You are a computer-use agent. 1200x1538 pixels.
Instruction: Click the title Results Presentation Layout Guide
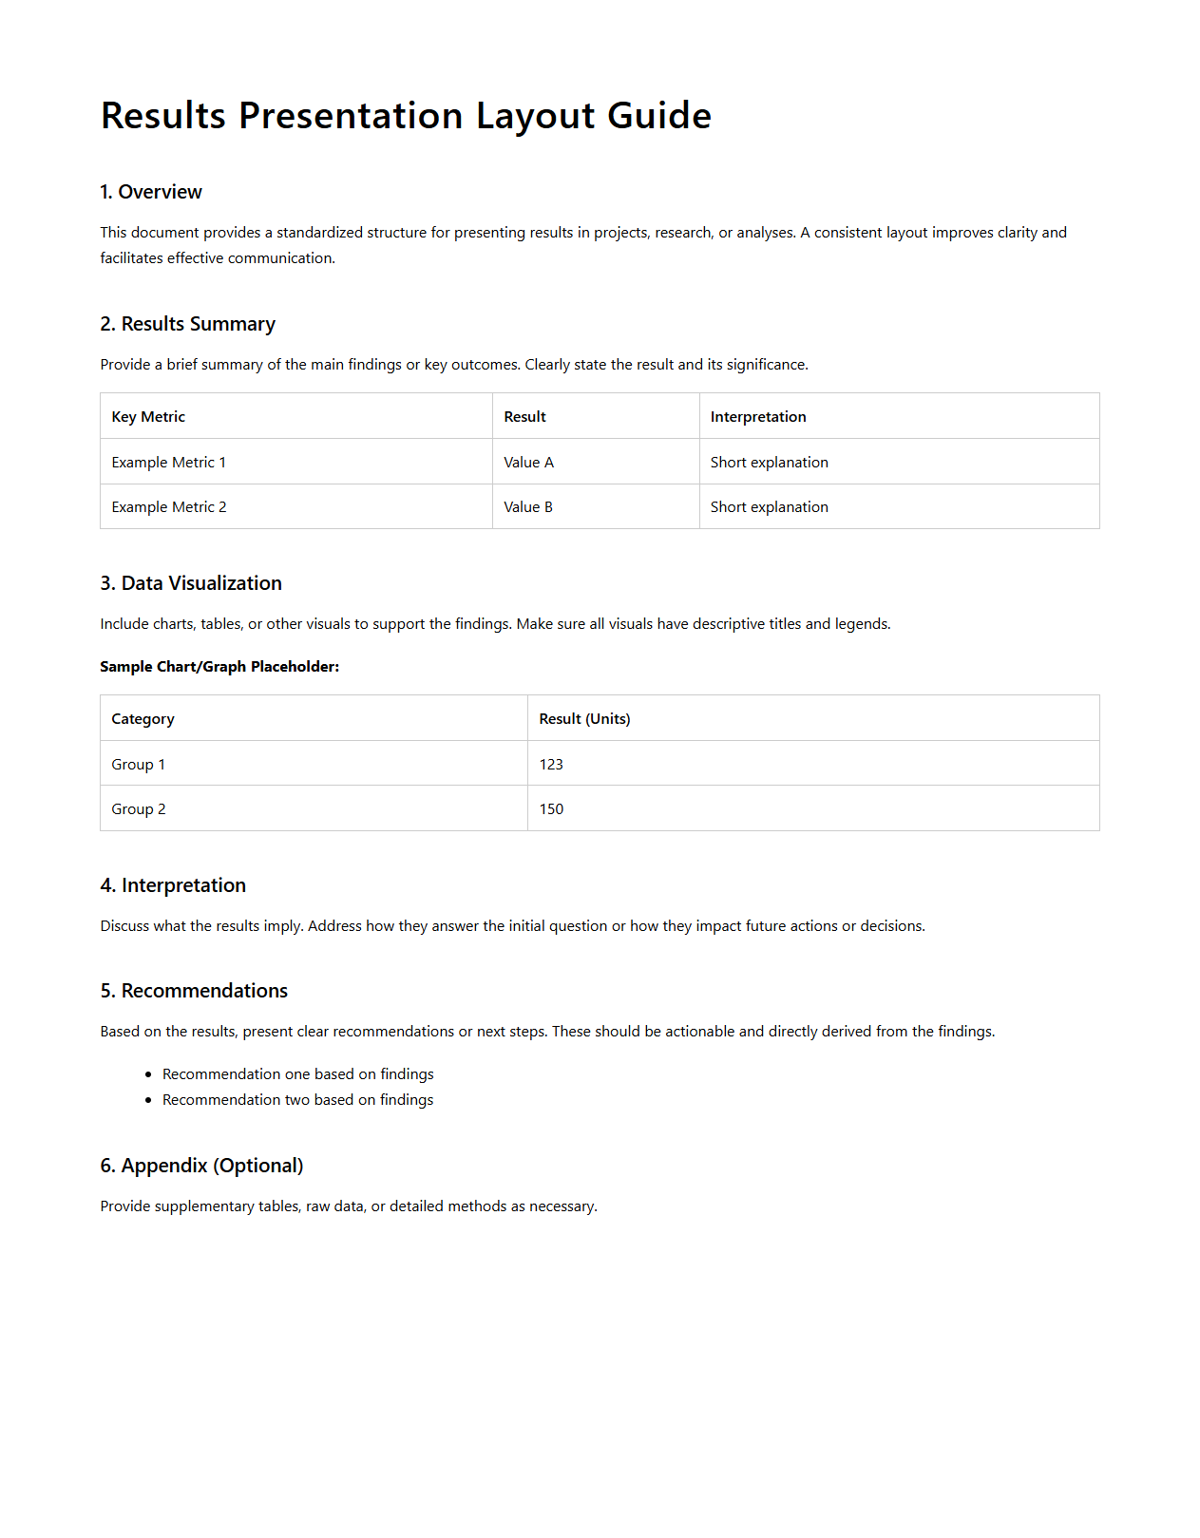coord(406,116)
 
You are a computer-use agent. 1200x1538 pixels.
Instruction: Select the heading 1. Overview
coord(151,192)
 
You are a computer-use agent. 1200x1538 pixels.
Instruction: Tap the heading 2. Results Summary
coord(187,324)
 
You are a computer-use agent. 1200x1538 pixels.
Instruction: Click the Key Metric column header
coord(148,417)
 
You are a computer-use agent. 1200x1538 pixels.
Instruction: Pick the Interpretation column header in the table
coord(757,417)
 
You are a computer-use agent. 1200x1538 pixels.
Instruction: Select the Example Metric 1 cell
coord(168,463)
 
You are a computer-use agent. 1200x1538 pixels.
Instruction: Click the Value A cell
coord(528,463)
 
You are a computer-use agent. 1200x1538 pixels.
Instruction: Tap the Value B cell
coord(527,507)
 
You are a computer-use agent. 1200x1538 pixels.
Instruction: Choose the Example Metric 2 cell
coord(168,507)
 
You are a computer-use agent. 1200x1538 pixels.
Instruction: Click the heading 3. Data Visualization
coord(191,583)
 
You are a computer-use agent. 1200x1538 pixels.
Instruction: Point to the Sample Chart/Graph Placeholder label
coord(219,667)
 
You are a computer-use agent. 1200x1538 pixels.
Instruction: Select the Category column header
coord(143,719)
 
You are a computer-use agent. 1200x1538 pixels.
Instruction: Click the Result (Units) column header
coord(584,719)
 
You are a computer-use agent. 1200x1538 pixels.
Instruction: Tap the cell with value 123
coord(551,765)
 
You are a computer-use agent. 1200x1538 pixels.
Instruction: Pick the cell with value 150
coord(551,809)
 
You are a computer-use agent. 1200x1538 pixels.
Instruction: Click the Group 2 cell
coord(139,809)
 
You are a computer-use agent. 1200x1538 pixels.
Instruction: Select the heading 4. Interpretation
coord(173,885)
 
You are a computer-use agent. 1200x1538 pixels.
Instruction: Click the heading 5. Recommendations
coord(194,991)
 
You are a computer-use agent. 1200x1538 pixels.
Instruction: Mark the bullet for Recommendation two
coord(148,1100)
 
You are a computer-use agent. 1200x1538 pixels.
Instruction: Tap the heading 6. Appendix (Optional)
coord(201,1166)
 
